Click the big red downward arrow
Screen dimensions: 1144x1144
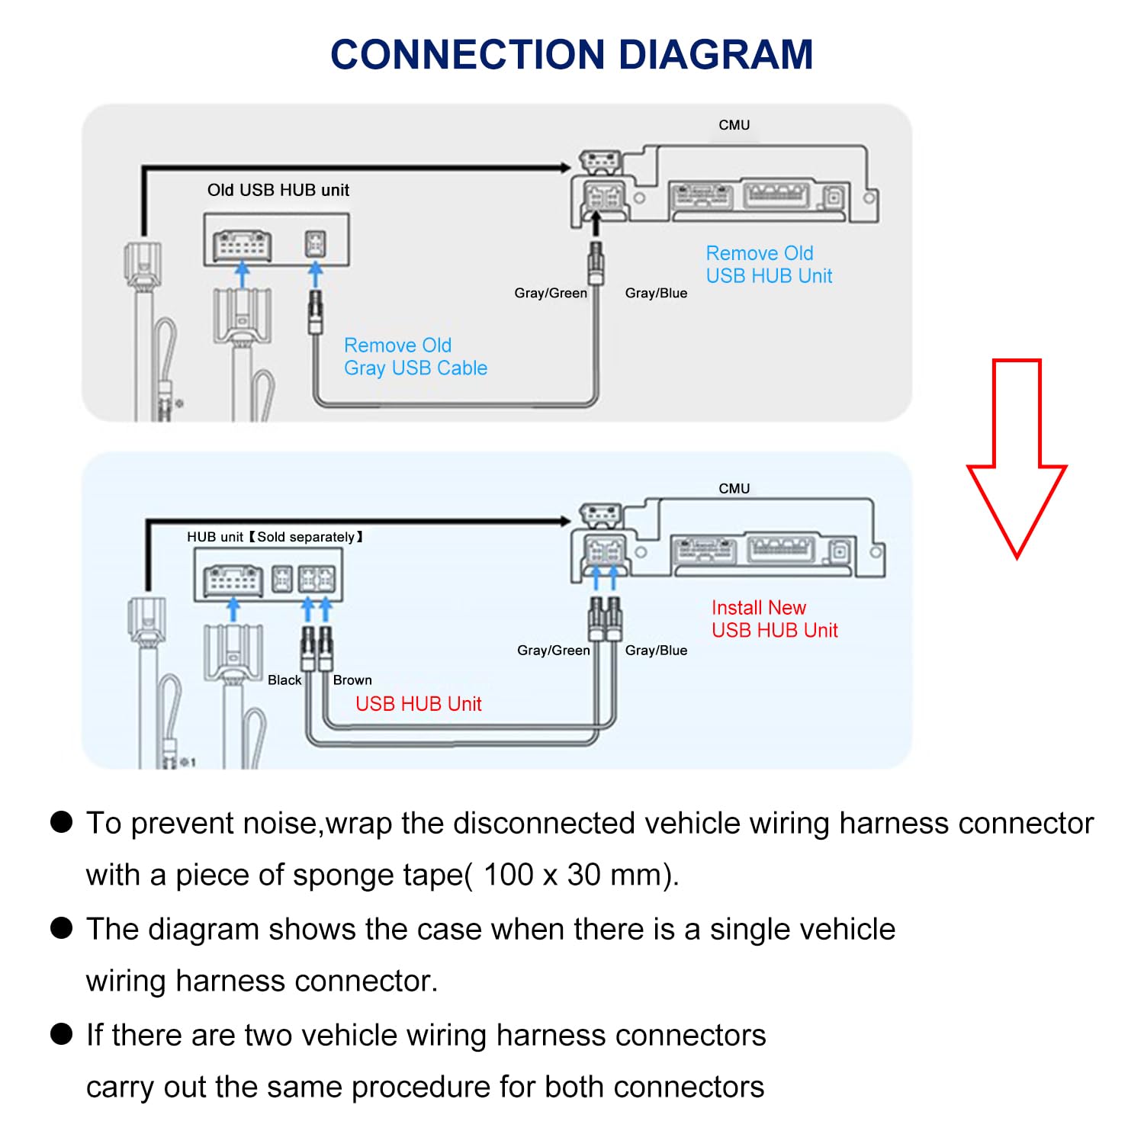tap(1017, 458)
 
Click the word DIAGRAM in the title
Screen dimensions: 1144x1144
tap(715, 55)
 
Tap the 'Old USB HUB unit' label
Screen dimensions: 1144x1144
tap(278, 190)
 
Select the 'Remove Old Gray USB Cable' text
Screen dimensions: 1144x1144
tap(415, 357)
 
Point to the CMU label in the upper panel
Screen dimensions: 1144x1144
tap(734, 125)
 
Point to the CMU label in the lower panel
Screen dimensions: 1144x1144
tap(734, 488)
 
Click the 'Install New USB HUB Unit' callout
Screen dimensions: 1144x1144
tap(773, 619)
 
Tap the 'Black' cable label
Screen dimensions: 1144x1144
tap(284, 680)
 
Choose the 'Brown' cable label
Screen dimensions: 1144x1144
tap(352, 680)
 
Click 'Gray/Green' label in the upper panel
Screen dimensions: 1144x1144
tap(551, 293)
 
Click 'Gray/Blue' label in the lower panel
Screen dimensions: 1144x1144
tap(656, 650)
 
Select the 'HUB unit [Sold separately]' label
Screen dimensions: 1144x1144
tap(275, 537)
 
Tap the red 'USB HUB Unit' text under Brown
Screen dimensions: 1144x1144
tap(419, 703)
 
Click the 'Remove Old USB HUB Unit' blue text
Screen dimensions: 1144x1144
tap(768, 265)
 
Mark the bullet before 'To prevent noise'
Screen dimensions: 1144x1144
tap(61, 822)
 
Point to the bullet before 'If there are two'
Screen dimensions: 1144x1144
tap(61, 1034)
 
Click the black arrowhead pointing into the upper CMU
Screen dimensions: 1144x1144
tap(565, 168)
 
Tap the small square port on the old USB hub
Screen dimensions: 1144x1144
tap(316, 244)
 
